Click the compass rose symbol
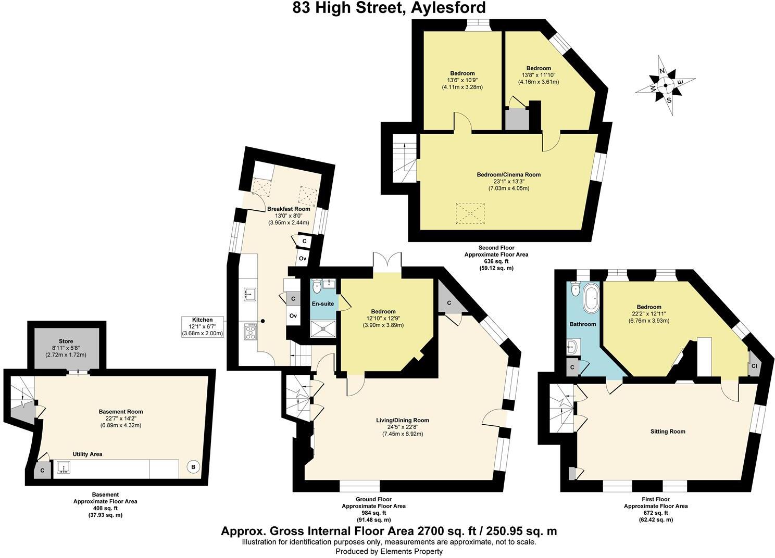pyautogui.click(x=665, y=85)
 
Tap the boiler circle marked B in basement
pyautogui.click(x=193, y=467)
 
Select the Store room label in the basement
pyautogui.click(x=66, y=341)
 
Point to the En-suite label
pyautogui.click(x=323, y=304)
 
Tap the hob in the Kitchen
pyautogui.click(x=250, y=332)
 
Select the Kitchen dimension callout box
pyautogui.click(x=203, y=326)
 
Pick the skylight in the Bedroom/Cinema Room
pyautogui.click(x=470, y=213)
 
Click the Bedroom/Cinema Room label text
pyautogui.click(x=509, y=175)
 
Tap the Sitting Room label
pyautogui.click(x=668, y=432)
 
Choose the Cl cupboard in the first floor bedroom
pyautogui.click(x=754, y=366)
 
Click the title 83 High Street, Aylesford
pyautogui.click(x=389, y=8)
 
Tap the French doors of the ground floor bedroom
pyautogui.click(x=387, y=260)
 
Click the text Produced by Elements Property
pyautogui.click(x=389, y=551)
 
